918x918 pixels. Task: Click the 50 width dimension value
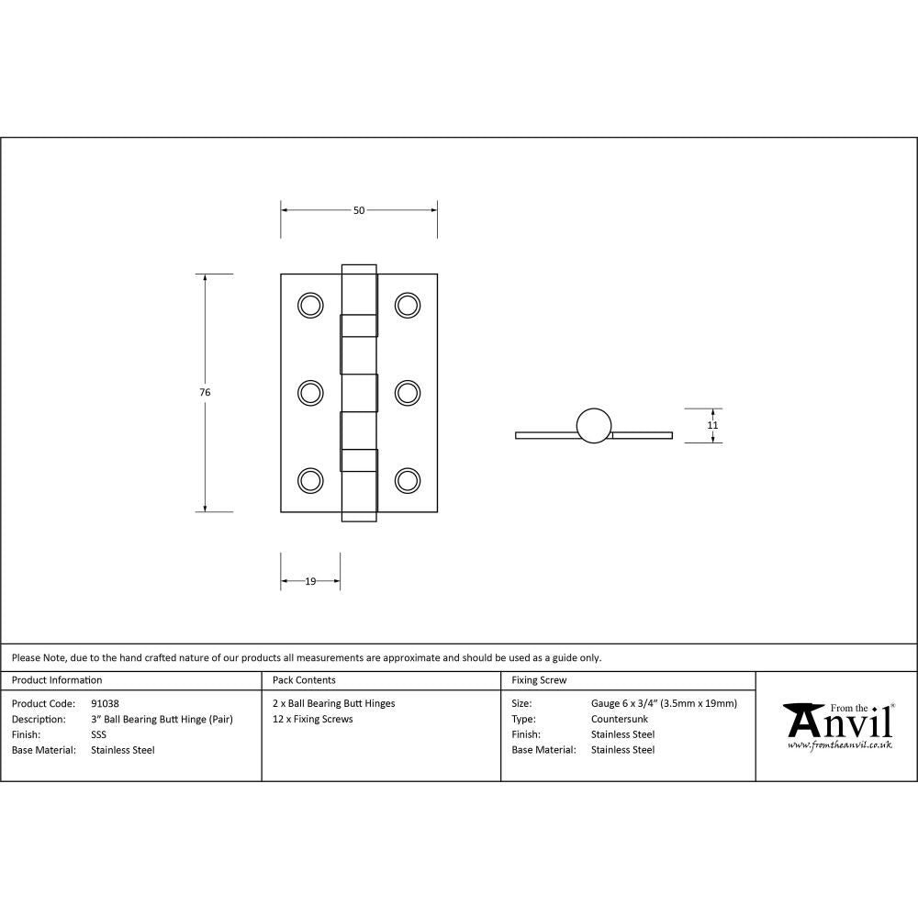pos(359,210)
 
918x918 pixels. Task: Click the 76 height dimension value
pos(205,392)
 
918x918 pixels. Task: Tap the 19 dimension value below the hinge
pos(310,581)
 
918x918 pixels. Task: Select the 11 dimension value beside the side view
pos(712,425)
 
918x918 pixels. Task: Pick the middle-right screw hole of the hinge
pos(407,392)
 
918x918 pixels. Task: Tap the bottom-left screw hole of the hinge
pos(311,480)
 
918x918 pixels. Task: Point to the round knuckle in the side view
pos(593,425)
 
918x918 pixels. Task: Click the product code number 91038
pos(106,703)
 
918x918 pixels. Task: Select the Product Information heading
pos(57,680)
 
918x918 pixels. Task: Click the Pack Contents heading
pos(304,680)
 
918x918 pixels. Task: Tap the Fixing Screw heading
pos(539,680)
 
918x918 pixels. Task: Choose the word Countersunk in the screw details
pos(620,719)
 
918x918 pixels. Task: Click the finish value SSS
pos(99,734)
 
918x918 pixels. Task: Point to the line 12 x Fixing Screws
pos(313,719)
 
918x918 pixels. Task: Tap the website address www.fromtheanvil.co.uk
pos(840,745)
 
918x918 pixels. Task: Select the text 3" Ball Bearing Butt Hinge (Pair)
pos(162,719)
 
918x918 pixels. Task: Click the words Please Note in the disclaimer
pos(39,657)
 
